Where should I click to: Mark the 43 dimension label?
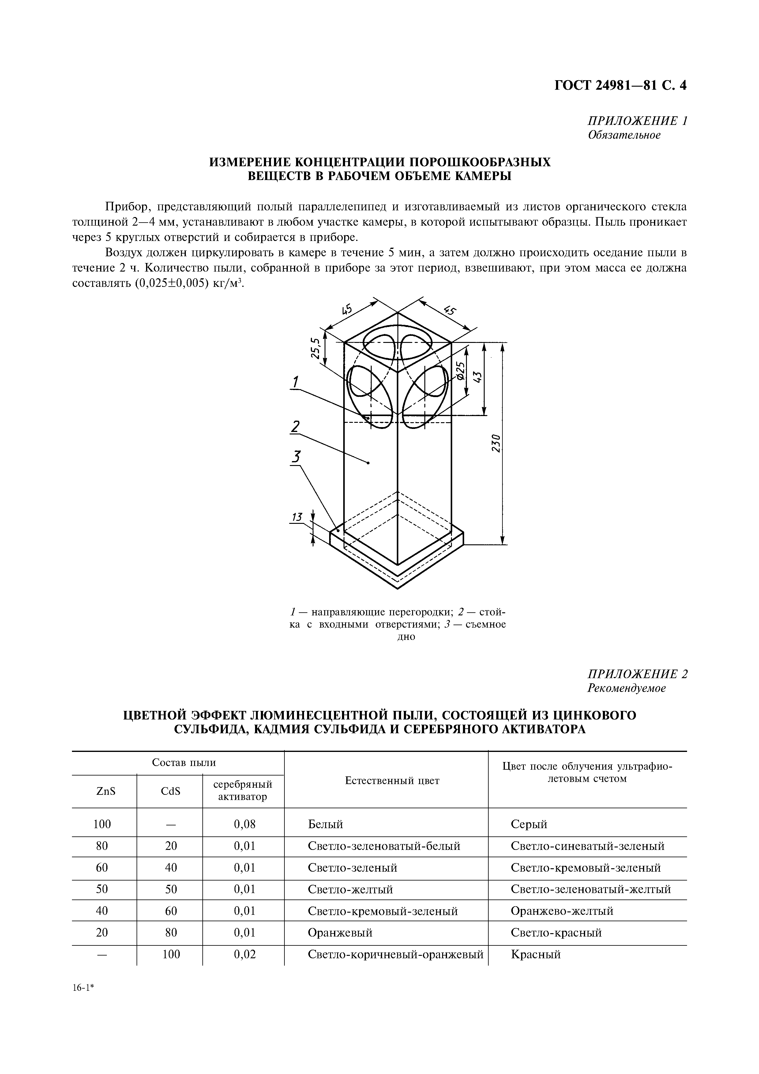[477, 377]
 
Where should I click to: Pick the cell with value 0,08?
[245, 824]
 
